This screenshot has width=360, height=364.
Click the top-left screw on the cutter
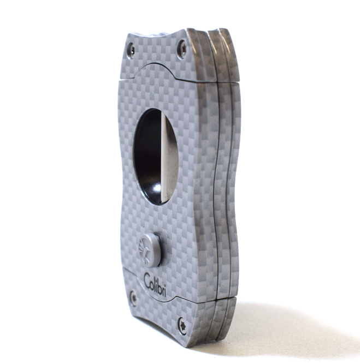click(131, 50)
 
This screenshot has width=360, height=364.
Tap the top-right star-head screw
click(182, 49)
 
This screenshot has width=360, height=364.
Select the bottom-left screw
click(133, 299)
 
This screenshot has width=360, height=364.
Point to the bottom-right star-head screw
click(182, 326)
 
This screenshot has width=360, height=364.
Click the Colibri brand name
click(155, 284)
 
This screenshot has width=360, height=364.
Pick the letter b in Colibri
click(160, 287)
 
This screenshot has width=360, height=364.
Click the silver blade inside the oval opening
click(167, 158)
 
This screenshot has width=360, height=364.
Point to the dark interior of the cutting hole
click(147, 153)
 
